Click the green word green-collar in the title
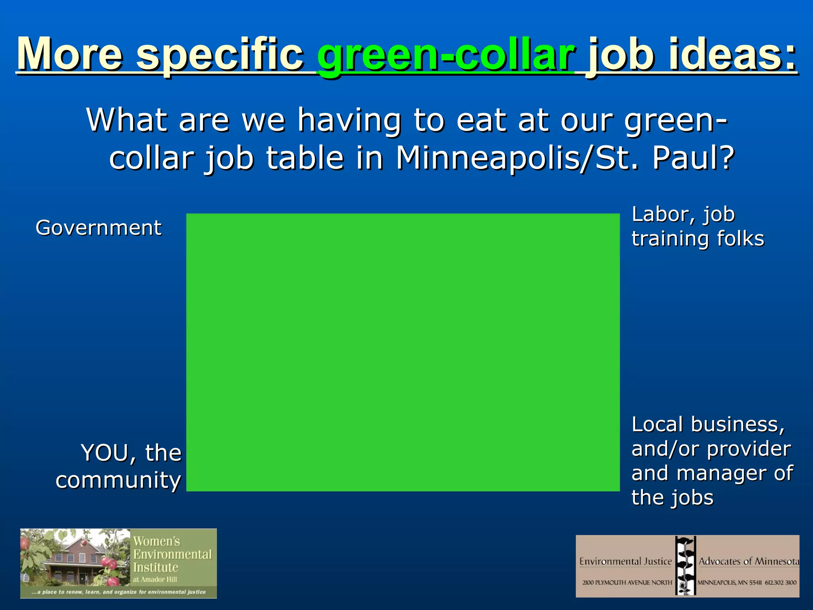point(445,56)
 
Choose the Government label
point(98,228)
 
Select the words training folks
point(697,239)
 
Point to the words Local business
point(708,425)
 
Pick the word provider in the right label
point(749,449)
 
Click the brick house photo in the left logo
point(75,562)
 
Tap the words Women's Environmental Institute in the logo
point(172,554)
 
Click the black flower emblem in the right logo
point(685,566)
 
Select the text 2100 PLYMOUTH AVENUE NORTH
point(627,583)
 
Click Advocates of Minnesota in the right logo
point(749,561)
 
